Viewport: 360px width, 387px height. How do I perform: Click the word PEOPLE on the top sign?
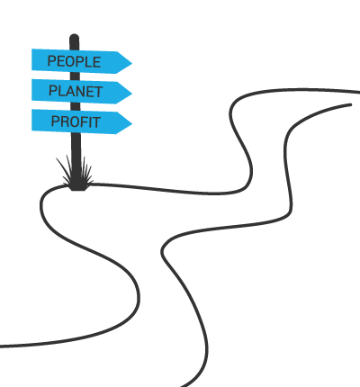(74, 61)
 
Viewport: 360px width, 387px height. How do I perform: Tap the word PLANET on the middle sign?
(76, 91)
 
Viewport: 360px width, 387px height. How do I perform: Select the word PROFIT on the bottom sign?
(76, 121)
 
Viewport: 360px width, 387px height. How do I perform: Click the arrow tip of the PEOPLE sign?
(131, 63)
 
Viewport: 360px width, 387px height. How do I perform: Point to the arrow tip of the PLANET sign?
(131, 93)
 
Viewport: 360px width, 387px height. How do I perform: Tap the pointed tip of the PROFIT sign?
(131, 123)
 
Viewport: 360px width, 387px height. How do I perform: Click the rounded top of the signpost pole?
(74, 37)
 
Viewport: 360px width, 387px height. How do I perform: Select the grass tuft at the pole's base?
(75, 173)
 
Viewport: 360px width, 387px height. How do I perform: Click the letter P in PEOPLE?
(51, 61)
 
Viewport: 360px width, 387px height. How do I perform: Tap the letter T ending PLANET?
(98, 92)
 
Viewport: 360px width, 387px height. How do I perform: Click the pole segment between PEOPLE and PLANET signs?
(75, 76)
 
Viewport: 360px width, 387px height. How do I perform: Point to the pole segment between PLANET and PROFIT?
(76, 106)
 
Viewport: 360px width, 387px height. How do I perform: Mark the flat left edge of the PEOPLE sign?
(32, 59)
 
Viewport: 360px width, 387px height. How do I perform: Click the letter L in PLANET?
(60, 91)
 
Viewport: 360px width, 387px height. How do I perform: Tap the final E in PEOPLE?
(97, 62)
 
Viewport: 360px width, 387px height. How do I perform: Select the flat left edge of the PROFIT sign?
(32, 120)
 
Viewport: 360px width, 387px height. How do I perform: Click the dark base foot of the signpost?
(79, 188)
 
